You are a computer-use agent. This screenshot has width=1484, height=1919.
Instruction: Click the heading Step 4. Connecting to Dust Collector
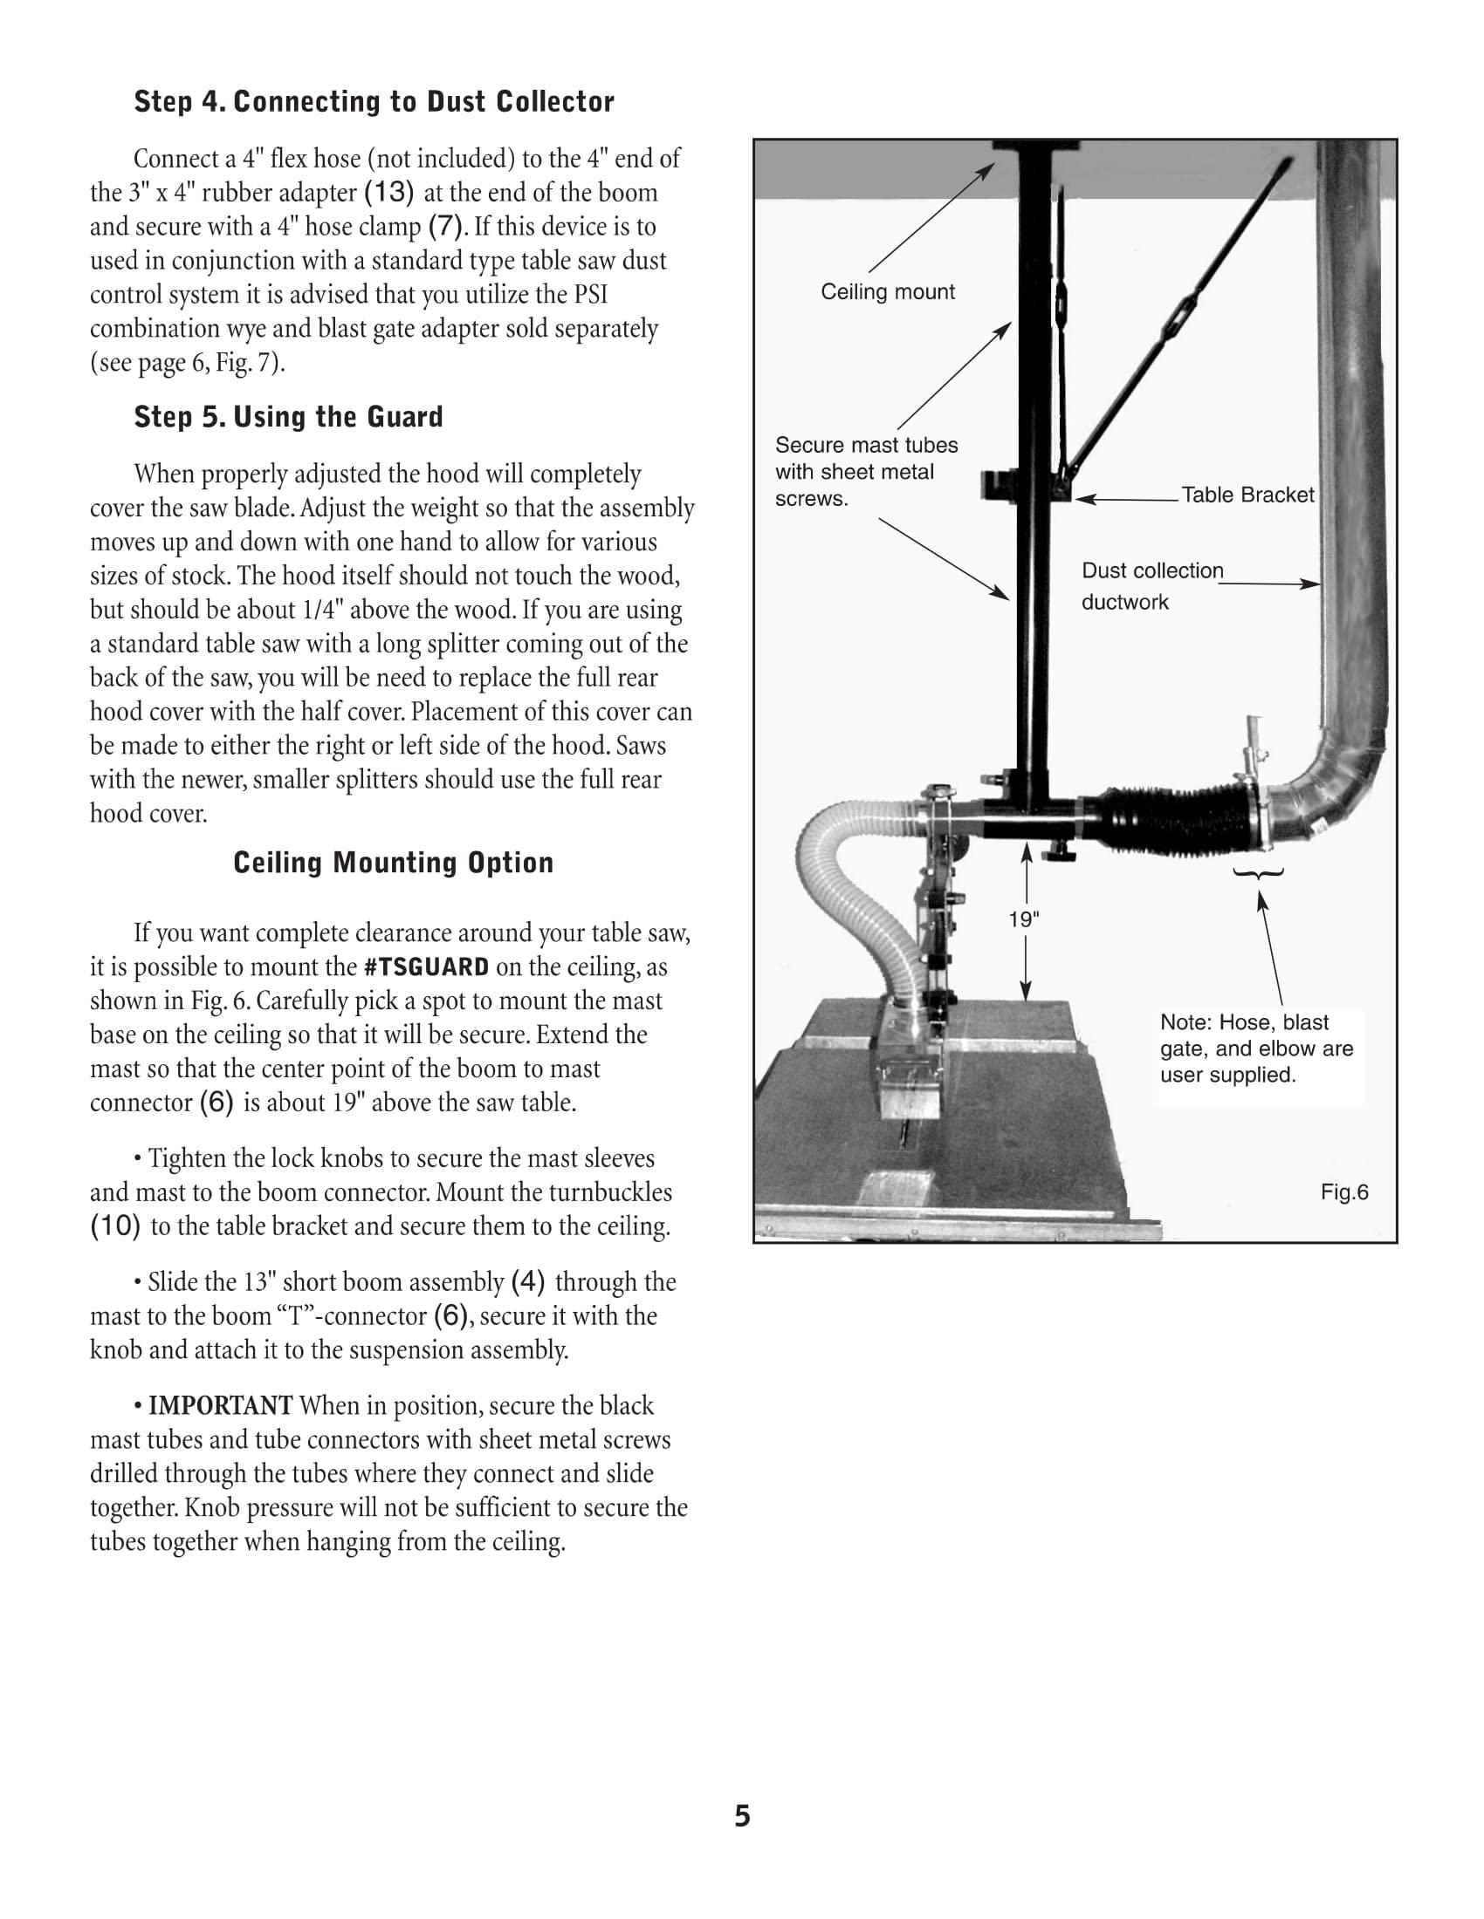[x=374, y=102]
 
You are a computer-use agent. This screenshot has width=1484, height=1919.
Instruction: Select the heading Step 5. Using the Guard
[x=288, y=416]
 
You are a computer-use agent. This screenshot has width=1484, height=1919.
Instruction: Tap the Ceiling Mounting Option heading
[x=393, y=863]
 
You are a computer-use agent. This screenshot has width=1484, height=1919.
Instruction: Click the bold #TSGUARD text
[x=426, y=967]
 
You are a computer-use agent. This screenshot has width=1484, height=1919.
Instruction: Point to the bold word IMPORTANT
[x=220, y=1406]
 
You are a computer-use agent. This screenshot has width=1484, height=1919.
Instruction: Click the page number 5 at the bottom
[x=742, y=1815]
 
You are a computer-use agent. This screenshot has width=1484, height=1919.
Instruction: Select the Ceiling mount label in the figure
[x=887, y=291]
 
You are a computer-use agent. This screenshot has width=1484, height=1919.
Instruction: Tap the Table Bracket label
[x=1247, y=495]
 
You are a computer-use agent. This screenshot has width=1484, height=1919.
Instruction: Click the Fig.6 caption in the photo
[x=1344, y=1192]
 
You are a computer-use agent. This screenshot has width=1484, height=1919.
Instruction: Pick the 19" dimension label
[x=1023, y=920]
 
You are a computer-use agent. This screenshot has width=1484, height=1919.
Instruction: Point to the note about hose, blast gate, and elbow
[x=1256, y=1048]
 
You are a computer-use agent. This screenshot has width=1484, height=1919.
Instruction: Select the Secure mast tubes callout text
[x=866, y=472]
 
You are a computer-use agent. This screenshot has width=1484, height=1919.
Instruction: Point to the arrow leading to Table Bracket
[x=1127, y=499]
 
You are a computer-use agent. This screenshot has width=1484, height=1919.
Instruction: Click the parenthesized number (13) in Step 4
[x=388, y=193]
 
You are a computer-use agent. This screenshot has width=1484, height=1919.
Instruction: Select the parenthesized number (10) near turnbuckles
[x=115, y=1226]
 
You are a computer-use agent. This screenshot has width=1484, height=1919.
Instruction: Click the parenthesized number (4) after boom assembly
[x=527, y=1282]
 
